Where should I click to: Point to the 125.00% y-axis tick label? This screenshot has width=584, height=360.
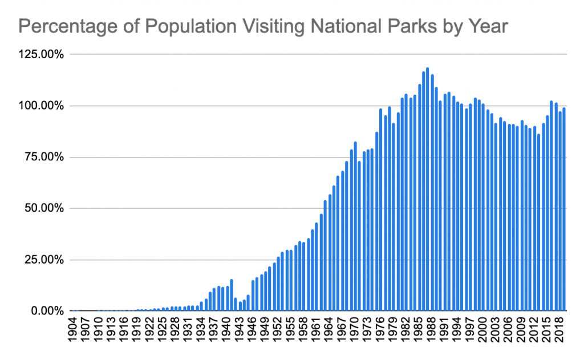[x=40, y=55]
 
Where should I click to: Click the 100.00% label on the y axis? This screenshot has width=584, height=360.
[x=40, y=106]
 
